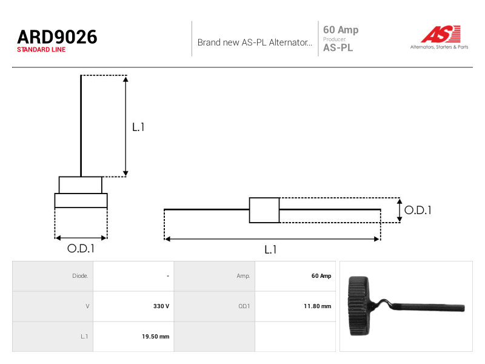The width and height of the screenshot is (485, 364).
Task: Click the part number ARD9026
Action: coord(57,37)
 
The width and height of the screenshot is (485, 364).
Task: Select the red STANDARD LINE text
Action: coord(41,50)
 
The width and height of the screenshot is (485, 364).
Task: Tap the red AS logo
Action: coord(441,34)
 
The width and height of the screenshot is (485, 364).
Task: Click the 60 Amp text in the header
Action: coord(341,30)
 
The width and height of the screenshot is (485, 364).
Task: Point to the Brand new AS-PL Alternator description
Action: coord(255,42)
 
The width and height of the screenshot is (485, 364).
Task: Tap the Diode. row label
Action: coord(80,276)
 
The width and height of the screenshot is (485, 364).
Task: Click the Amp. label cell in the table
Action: coord(244,276)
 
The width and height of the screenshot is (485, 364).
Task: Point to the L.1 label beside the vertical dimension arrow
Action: coord(138,127)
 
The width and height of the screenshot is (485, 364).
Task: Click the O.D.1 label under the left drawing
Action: coord(81,248)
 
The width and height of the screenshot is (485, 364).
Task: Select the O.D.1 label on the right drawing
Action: coord(418,210)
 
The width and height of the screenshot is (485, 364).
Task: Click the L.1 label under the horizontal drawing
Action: coord(270,249)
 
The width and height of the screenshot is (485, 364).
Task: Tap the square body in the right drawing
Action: coord(264,210)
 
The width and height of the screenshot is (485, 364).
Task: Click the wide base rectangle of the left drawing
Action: coord(81,201)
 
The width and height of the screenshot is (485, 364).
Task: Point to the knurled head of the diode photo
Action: coord(358,306)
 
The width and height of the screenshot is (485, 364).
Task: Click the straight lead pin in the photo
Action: coord(430,308)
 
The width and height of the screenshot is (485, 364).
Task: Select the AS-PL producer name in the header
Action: coord(338,48)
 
